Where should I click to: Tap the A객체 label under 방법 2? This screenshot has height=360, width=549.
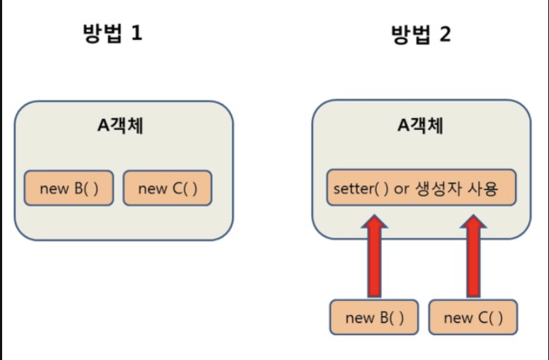(420, 125)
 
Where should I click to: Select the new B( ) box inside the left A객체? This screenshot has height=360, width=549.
(68, 188)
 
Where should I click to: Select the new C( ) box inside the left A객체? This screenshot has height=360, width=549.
(167, 188)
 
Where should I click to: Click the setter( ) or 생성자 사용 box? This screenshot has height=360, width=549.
(420, 188)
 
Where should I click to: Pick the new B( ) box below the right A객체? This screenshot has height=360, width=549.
(375, 317)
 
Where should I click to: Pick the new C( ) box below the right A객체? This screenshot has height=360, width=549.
(473, 317)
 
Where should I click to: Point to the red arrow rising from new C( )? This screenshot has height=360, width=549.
(471, 260)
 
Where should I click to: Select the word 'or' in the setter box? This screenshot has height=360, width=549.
(403, 190)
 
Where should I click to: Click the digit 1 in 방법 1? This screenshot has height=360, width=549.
(137, 33)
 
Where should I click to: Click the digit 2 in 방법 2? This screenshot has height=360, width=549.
(443, 33)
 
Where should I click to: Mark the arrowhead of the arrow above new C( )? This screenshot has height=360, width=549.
(471, 225)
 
